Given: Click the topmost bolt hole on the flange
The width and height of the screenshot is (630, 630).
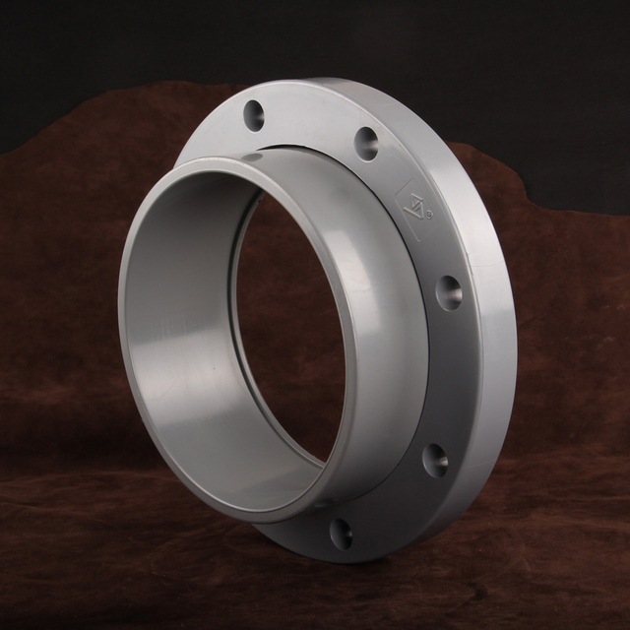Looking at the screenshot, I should pyautogui.click(x=254, y=115).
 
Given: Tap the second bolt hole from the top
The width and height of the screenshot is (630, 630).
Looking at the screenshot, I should pyautogui.click(x=366, y=143).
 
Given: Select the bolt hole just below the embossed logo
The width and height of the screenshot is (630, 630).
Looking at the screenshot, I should pyautogui.click(x=448, y=292).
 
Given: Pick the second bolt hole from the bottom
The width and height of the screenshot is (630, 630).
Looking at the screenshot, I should pyautogui.click(x=434, y=459).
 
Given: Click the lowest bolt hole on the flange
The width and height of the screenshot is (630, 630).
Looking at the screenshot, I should pyautogui.click(x=341, y=533).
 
